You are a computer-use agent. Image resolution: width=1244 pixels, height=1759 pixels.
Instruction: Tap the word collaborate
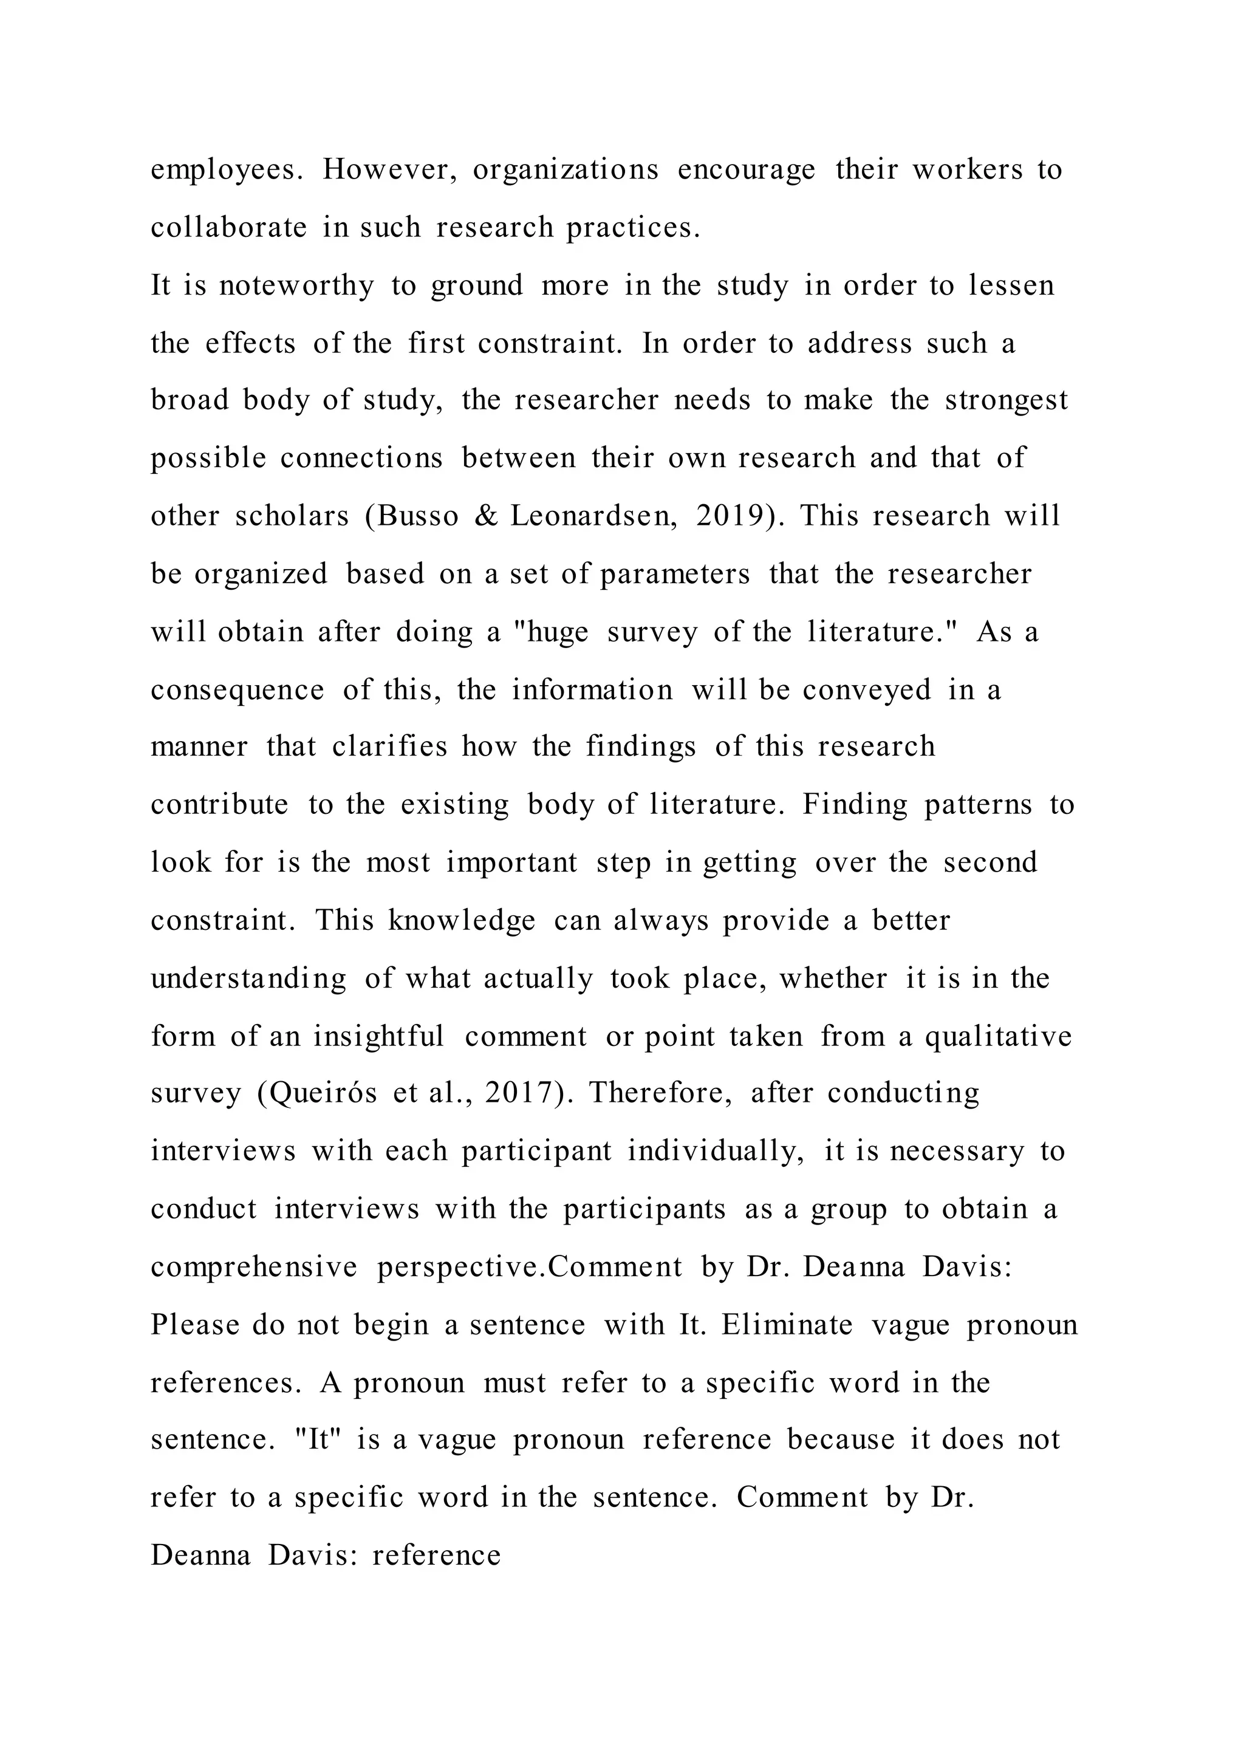pyautogui.click(x=228, y=228)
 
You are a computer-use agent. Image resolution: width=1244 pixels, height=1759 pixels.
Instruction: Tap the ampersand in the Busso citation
pyautogui.click(x=486, y=516)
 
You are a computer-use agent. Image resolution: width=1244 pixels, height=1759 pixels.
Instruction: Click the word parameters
pyautogui.click(x=675, y=574)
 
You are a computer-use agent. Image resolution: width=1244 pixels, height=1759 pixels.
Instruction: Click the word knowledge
pyautogui.click(x=461, y=920)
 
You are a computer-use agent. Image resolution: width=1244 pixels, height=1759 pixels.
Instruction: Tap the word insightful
pyautogui.click(x=378, y=1037)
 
